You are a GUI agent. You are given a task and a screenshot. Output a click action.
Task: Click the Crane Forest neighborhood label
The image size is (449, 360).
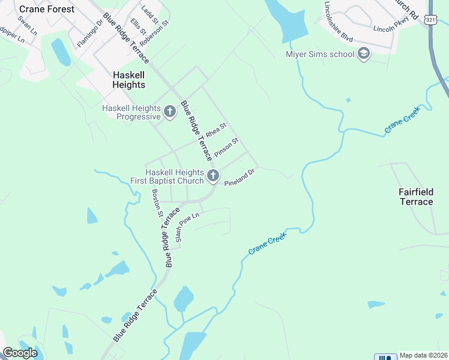47,9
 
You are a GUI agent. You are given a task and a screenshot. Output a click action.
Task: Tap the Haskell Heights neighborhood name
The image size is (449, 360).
129,80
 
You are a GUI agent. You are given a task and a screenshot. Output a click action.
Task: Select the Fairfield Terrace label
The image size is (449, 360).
416,197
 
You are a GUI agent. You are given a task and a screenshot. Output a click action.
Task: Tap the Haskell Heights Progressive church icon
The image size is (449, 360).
170,111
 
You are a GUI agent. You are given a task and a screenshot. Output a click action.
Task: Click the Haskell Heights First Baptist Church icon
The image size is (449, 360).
212,176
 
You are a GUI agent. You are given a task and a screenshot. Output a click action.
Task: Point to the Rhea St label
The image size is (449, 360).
215,130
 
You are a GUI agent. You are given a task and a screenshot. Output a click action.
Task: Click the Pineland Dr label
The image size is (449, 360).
240,178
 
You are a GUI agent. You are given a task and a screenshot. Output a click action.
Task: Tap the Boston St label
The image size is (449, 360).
157,203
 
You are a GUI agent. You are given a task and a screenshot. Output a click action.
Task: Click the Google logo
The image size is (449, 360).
20,353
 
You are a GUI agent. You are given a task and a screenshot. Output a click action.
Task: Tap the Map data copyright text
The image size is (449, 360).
423,355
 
